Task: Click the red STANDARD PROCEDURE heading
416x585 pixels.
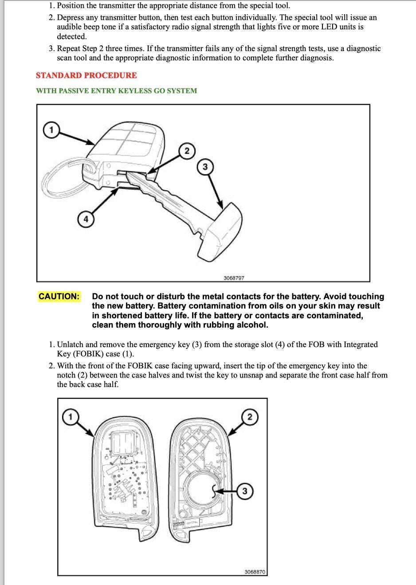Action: pos(86,75)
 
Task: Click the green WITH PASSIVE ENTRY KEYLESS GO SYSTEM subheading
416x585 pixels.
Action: pos(116,91)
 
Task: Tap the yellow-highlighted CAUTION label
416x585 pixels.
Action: pos(59,296)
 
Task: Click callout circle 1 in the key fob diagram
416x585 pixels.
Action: pos(51,130)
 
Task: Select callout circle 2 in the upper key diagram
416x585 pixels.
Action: pos(187,151)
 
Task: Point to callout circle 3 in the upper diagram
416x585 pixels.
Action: pos(205,167)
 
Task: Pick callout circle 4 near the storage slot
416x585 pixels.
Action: pos(86,219)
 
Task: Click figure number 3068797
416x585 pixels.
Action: pos(234,278)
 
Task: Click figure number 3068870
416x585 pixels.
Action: pos(255,572)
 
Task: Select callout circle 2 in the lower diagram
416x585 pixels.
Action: pos(250,417)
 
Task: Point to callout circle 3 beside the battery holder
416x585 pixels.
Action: pos(245,491)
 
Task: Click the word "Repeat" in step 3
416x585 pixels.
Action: pos(69,48)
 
